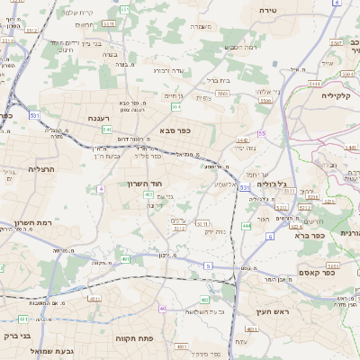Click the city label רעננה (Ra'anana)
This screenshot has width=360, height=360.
click(x=100, y=117)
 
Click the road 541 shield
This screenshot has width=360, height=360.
click(x=106, y=130)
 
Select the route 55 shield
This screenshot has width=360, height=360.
click(x=262, y=133)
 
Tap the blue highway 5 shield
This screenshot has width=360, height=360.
click(x=208, y=265)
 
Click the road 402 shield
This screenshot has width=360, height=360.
click(x=148, y=206)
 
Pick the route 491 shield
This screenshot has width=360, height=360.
click(x=127, y=259)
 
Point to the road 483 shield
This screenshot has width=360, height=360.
click(x=205, y=299)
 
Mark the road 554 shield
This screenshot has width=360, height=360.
click(x=176, y=107)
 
